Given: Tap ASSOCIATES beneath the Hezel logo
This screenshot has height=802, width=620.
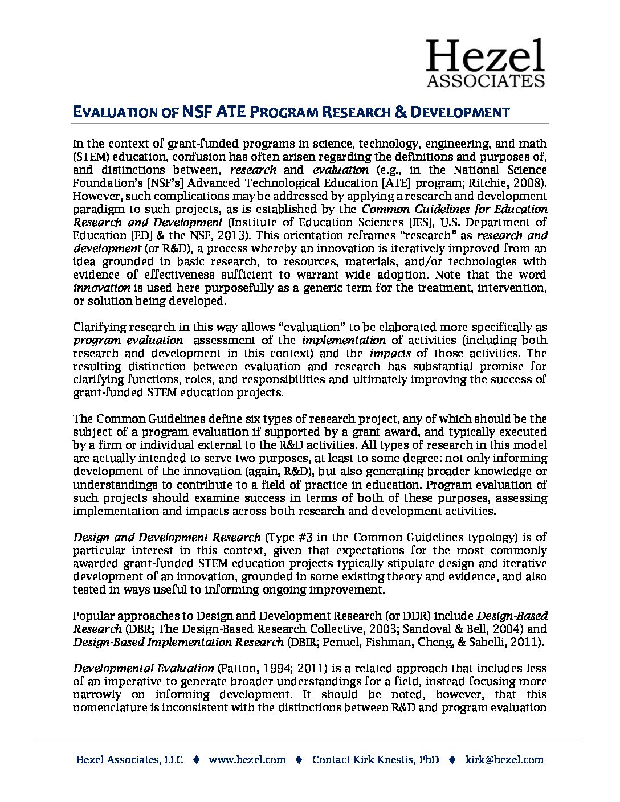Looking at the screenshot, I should click(x=486, y=80).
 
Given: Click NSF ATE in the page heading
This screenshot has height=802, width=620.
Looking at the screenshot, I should click(x=214, y=112).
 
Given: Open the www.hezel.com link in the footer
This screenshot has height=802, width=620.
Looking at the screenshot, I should click(x=247, y=759).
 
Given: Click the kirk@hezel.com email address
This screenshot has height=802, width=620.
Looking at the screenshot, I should click(x=504, y=759).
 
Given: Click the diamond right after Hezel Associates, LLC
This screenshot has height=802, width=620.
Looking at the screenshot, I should click(x=196, y=759).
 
